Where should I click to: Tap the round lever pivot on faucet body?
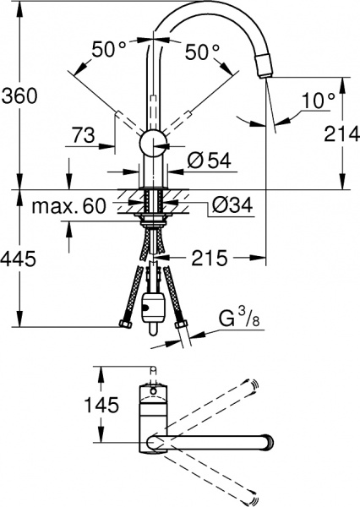pos(153,143)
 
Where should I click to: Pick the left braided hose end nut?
pos(128,327)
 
